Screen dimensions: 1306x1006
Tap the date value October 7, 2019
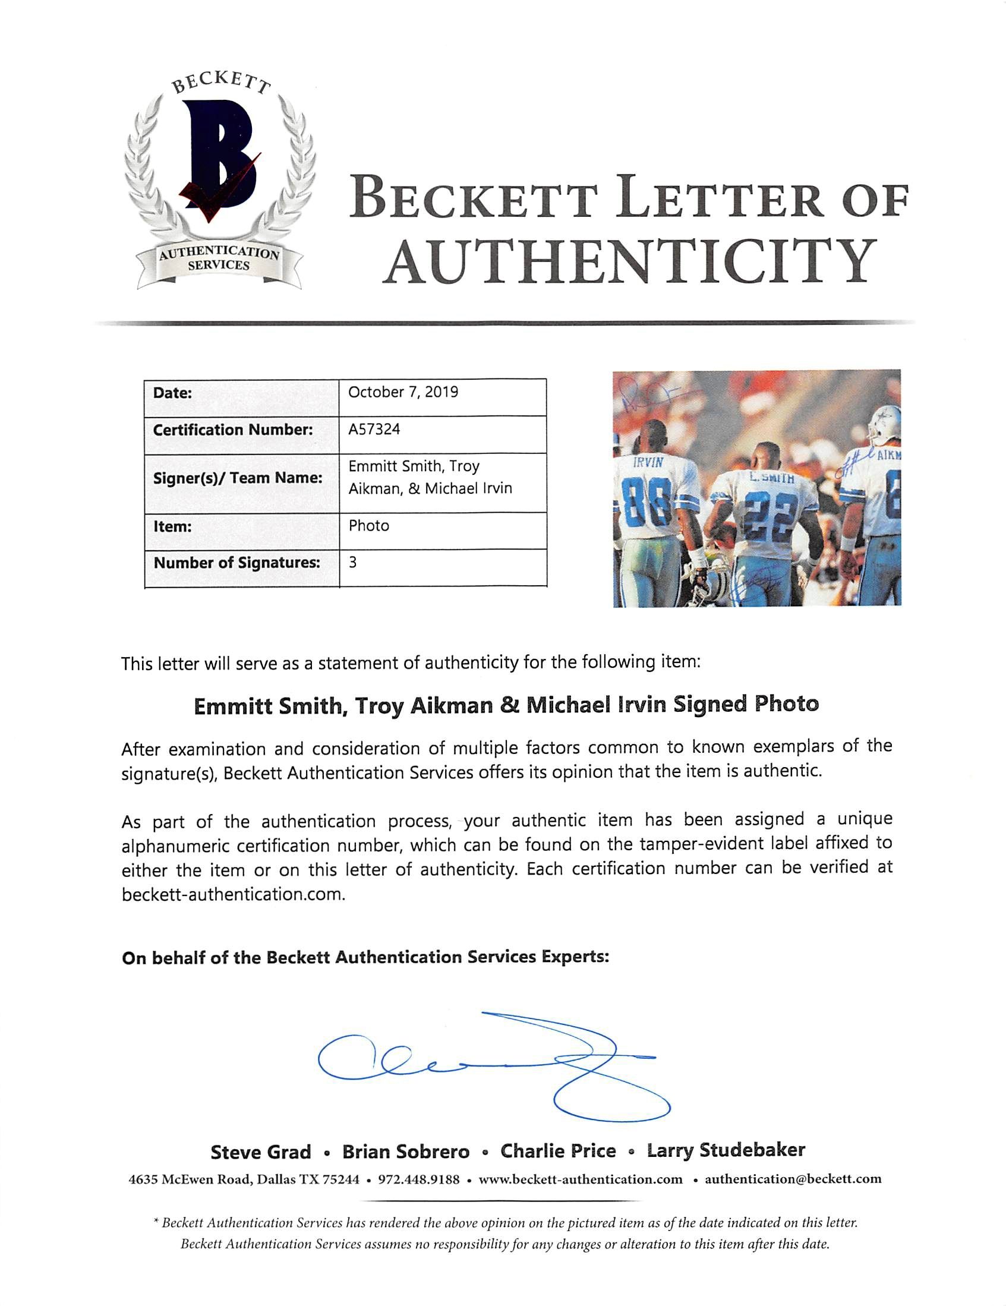click(402, 392)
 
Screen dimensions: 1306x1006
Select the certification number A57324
click(374, 430)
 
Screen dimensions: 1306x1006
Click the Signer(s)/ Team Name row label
click(238, 478)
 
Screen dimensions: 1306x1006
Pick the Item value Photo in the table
click(368, 526)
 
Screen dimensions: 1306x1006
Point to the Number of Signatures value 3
click(353, 562)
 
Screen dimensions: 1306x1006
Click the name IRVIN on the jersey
click(648, 462)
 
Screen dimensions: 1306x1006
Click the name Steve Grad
click(261, 1152)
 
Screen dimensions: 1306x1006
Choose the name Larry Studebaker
click(726, 1150)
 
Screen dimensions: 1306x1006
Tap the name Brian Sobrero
click(405, 1151)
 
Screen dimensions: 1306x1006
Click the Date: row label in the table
click(173, 393)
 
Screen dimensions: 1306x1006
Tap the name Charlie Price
click(558, 1150)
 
